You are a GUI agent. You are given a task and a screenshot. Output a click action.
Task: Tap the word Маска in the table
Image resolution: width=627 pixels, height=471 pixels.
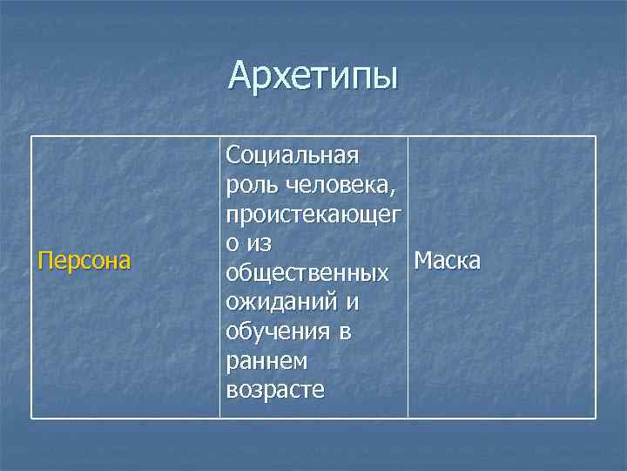click(x=447, y=261)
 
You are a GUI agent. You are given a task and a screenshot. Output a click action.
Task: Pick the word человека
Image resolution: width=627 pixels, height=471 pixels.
click(x=342, y=185)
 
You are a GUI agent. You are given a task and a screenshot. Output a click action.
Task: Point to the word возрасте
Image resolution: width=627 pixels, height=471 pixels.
click(x=274, y=390)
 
